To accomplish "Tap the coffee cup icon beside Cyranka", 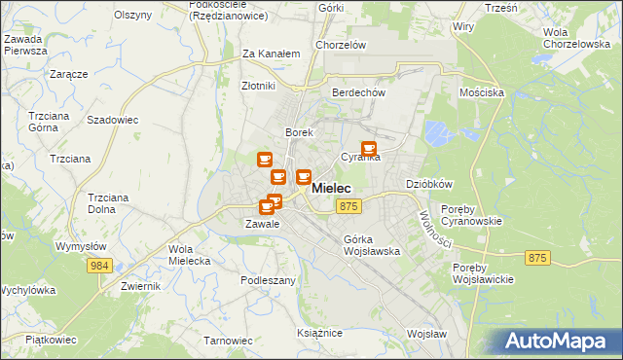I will click(368, 148).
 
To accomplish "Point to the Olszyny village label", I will click(132, 15).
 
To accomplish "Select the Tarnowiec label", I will click(228, 341).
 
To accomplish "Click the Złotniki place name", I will click(259, 86).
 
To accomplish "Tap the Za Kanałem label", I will click(271, 54).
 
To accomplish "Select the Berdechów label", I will click(359, 92).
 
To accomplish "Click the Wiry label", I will click(462, 26).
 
